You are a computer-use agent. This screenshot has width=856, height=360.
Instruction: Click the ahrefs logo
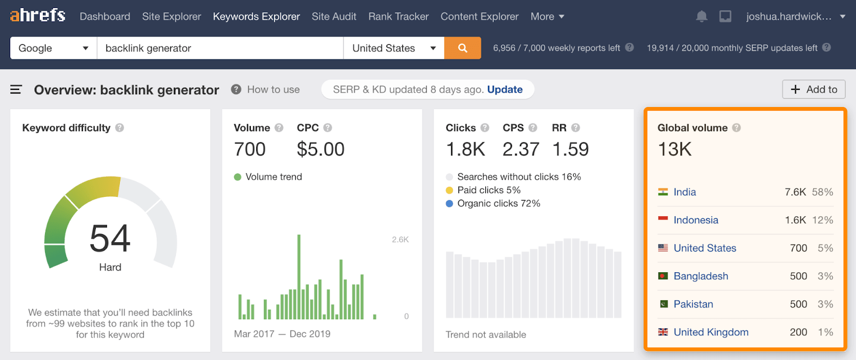point(37,16)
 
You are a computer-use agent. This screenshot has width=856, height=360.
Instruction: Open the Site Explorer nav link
point(171,17)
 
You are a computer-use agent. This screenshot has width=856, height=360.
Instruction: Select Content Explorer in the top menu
point(479,17)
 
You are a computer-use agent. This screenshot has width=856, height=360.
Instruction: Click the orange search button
point(462,48)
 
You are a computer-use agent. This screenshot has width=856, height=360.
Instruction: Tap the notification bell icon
point(701,17)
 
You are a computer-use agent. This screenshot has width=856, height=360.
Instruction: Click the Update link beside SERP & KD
point(505,89)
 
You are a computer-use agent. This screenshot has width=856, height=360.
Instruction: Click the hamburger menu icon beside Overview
point(16,89)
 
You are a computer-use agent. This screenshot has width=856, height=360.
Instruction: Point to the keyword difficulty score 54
point(110,238)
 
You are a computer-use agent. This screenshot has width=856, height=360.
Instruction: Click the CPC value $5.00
point(320,149)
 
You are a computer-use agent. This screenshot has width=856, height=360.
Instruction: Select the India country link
point(684,192)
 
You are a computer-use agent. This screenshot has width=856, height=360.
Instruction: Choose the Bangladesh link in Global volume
point(700,276)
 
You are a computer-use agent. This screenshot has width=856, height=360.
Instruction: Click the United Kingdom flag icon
point(663,332)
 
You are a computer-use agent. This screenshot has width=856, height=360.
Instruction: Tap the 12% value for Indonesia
point(822,220)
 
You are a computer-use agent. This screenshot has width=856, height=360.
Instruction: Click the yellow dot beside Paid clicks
point(449,190)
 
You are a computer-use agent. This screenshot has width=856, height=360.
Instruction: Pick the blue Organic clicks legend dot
point(449,203)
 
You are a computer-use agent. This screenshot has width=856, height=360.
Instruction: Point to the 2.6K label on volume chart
point(400,240)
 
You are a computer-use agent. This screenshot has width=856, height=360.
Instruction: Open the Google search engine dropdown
point(53,48)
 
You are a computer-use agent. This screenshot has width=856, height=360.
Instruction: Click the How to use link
point(273,89)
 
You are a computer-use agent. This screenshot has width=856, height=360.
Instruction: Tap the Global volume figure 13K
point(675,149)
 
